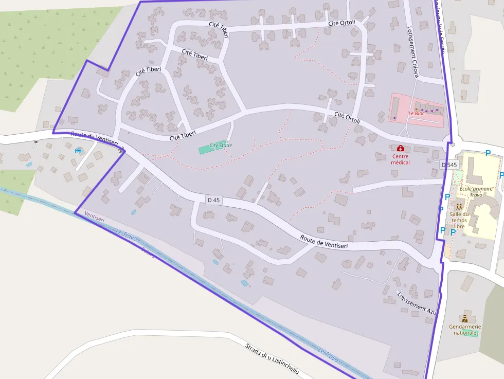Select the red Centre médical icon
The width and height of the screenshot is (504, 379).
400,149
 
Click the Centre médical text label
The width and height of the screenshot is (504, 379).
400,159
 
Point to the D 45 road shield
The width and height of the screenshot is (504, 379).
213,200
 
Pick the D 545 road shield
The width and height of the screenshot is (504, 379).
449,165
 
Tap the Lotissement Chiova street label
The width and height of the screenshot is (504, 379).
412,51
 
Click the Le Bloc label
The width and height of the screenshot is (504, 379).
417,113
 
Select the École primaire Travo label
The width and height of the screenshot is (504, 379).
476,192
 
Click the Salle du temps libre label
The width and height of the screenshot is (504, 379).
459,220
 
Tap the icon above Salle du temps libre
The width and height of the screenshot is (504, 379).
459,206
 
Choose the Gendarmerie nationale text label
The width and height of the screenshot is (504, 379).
465,329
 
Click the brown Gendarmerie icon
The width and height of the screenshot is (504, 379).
465,318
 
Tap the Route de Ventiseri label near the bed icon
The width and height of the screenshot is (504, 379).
95,138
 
